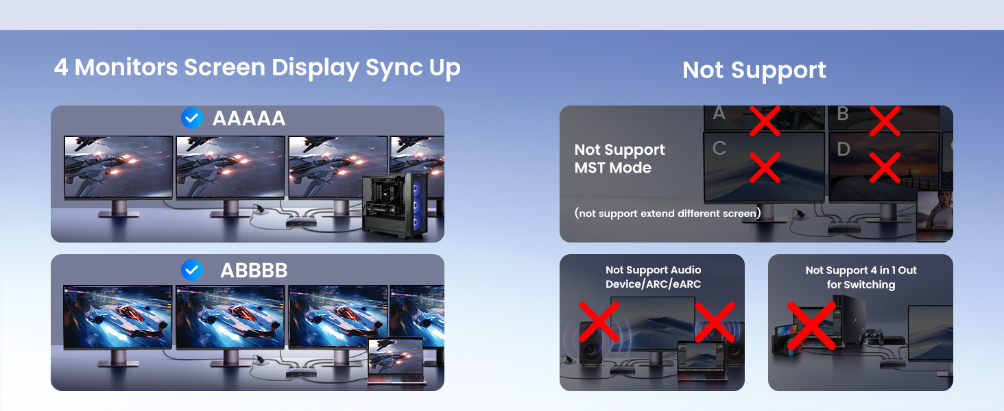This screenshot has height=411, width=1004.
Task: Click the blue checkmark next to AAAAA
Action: tap(191, 119)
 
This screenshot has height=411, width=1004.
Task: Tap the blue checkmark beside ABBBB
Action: tap(191, 270)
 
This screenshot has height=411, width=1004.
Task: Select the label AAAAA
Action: tap(249, 119)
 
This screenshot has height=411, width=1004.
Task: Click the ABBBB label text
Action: tap(254, 271)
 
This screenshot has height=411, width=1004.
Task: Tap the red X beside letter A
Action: tap(765, 121)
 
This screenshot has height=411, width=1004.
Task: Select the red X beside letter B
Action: tap(885, 121)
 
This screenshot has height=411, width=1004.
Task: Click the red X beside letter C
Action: tap(765, 167)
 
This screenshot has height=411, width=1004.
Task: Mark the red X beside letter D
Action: tap(885, 167)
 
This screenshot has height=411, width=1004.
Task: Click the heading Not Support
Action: tap(754, 70)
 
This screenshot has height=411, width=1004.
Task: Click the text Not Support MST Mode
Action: tap(619, 158)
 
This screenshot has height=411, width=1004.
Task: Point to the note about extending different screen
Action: tap(667, 213)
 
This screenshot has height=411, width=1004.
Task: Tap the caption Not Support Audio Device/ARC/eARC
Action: tap(653, 277)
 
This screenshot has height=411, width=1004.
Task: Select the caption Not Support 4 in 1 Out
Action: tap(861, 277)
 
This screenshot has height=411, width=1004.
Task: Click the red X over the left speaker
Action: tap(599, 322)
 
